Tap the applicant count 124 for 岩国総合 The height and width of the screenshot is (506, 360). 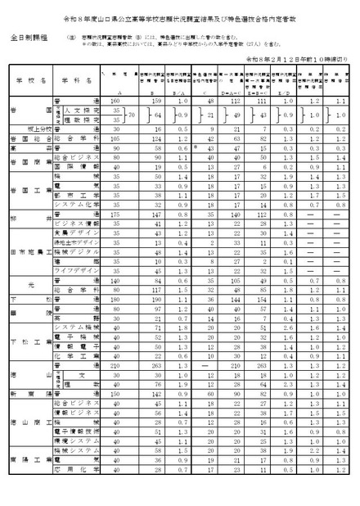coord(150,139)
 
